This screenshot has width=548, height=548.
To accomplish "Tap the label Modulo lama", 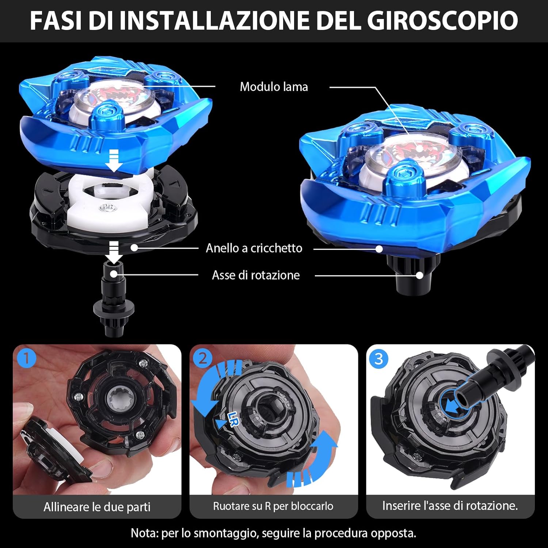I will pyautogui.click(x=274, y=87).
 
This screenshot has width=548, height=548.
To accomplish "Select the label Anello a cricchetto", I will pyautogui.click(x=254, y=248).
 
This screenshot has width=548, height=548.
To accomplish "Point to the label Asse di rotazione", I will pyautogui.click(x=256, y=275).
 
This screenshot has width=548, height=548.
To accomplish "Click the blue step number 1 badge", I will pyautogui.click(x=26, y=358).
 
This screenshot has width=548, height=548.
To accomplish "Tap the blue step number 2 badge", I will pyautogui.click(x=203, y=358).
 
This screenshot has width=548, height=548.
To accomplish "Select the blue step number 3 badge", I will pyautogui.click(x=379, y=358).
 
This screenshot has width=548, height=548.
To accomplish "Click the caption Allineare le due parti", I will pyautogui.click(x=97, y=507).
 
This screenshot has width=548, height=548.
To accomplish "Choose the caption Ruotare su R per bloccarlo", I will pyautogui.click(x=273, y=506).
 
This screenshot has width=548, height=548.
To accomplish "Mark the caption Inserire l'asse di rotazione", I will pyautogui.click(x=450, y=506).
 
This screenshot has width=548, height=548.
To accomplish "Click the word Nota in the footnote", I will pyautogui.click(x=144, y=533).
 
